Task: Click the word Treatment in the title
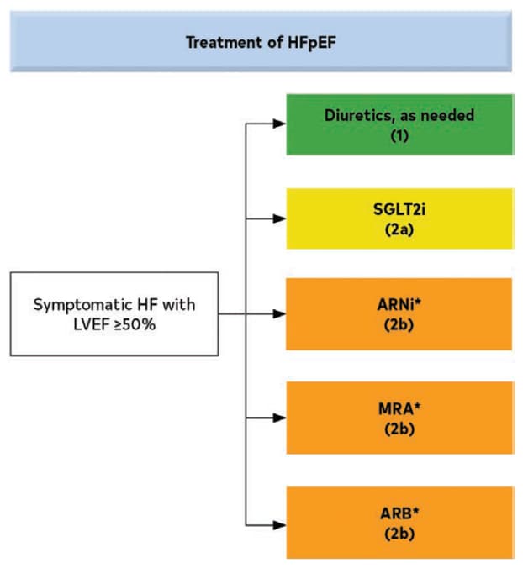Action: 224,42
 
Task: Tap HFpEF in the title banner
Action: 311,42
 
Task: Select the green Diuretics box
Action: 400,124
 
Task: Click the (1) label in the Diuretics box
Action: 399,136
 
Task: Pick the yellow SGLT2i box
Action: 400,218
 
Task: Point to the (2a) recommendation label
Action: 399,229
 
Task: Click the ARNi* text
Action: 399,304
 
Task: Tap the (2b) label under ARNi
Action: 399,324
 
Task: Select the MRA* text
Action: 399,408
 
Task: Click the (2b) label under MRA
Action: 399,429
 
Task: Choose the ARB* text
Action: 399,513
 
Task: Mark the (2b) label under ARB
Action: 399,534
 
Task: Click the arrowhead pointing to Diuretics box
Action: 279,124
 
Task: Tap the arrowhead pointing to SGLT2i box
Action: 279,218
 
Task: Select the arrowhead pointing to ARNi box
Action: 279,313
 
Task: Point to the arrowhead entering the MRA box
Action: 279,418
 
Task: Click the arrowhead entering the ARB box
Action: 279,525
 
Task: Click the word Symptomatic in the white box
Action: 82,305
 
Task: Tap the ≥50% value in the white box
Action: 135,324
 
